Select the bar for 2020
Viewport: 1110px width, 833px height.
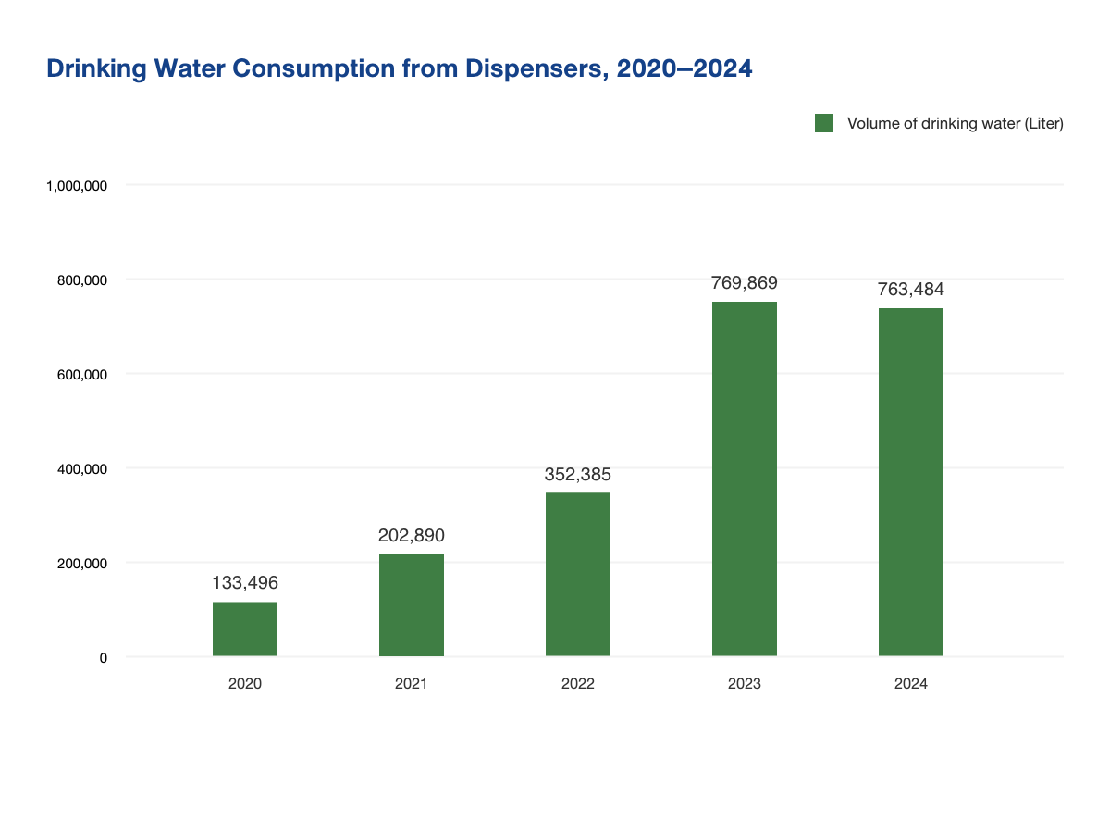245,629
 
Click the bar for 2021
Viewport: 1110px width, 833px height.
412,605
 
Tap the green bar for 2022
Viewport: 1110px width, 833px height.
578,575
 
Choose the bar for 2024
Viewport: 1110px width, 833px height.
911,482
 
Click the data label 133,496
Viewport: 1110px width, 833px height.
245,583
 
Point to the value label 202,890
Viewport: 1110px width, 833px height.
412,535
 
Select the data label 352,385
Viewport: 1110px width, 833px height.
578,475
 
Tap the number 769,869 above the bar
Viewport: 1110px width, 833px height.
745,283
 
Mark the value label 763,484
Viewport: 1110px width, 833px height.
911,290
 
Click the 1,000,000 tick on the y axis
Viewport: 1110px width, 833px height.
77,186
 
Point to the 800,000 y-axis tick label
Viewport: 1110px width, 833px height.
83,280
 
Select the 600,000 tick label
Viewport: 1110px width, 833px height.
83,375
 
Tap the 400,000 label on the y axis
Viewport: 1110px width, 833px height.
83,469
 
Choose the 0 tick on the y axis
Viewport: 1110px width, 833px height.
104,658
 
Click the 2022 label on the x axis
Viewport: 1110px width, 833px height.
578,684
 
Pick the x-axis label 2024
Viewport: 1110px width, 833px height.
911,684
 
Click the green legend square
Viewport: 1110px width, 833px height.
824,123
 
